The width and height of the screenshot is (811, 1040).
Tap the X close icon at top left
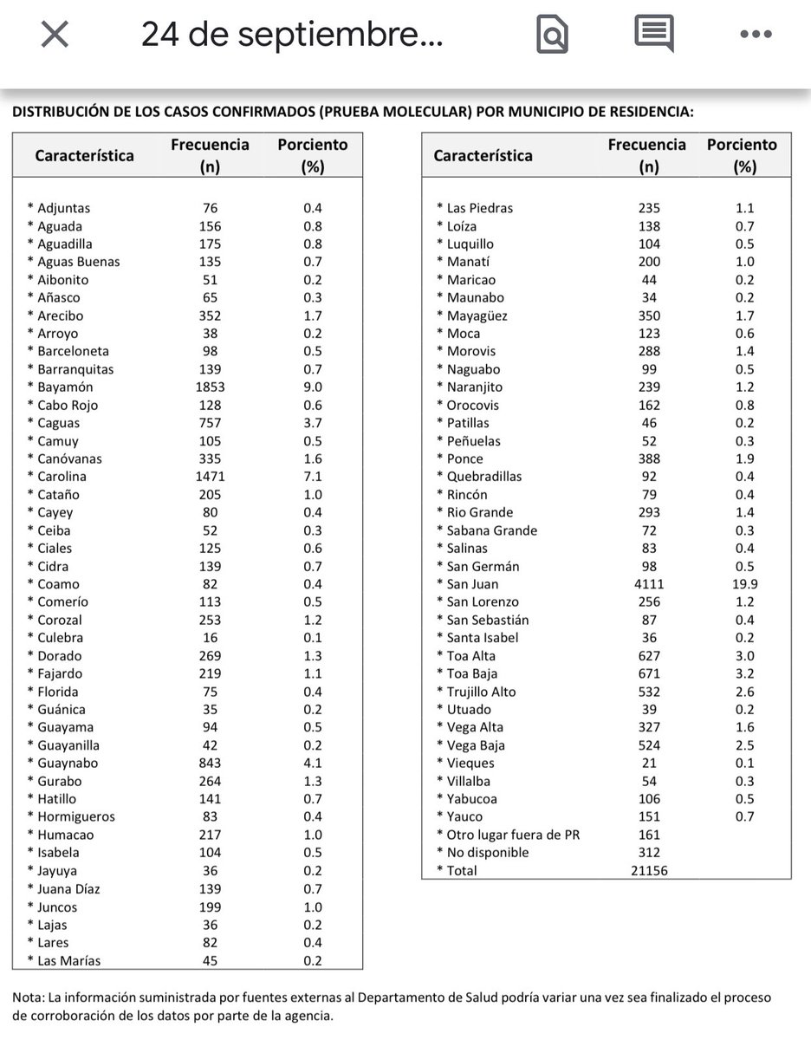(x=55, y=36)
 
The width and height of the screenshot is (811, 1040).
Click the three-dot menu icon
(x=756, y=35)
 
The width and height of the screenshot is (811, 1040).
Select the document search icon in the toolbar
(x=552, y=36)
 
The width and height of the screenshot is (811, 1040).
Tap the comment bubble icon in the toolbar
(x=654, y=35)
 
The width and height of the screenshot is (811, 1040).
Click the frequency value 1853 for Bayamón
(x=210, y=387)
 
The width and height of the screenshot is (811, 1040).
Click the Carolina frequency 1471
(x=210, y=477)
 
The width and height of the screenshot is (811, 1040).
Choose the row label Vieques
(x=470, y=764)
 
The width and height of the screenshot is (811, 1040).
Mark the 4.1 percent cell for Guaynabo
(x=312, y=764)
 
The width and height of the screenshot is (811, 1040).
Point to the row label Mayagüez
(x=477, y=316)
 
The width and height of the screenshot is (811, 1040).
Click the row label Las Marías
(x=69, y=960)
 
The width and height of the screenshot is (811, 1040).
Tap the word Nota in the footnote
(x=28, y=998)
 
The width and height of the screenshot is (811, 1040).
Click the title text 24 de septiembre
(x=291, y=36)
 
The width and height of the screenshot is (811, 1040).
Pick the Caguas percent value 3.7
(x=312, y=423)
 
